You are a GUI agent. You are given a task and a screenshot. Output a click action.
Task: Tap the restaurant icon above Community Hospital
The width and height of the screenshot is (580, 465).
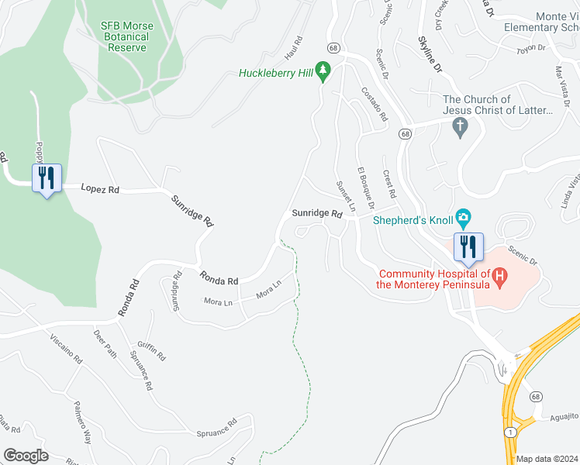click(468, 246)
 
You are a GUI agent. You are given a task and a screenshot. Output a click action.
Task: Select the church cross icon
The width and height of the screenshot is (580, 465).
click(461, 126)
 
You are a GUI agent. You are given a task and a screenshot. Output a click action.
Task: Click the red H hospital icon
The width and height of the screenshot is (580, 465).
click(500, 274)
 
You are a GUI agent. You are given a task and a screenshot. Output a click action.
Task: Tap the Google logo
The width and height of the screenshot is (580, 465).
click(26, 455)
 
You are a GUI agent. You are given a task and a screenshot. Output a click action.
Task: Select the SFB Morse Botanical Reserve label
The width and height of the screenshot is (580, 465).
click(126, 36)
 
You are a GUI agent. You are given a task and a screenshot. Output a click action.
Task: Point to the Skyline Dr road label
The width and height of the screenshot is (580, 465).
click(429, 54)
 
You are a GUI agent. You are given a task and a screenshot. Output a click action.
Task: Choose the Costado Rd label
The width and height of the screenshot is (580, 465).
click(374, 104)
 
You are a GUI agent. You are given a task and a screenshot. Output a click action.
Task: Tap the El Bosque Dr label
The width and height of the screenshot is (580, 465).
click(365, 188)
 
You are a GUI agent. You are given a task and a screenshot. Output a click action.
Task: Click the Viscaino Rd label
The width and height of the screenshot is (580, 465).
click(66, 350)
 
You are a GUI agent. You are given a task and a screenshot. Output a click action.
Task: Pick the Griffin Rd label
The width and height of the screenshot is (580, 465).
click(152, 352)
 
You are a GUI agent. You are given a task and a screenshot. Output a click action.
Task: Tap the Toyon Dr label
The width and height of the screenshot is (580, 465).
click(532, 48)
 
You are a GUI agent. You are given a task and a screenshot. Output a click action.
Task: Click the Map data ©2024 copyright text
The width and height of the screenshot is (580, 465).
click(547, 459)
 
